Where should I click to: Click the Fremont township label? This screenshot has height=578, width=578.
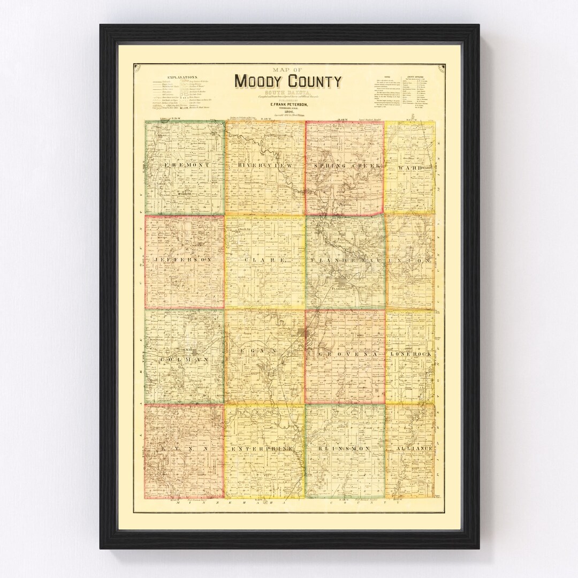(x=185, y=165)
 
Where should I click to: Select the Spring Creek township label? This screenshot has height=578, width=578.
(x=346, y=166)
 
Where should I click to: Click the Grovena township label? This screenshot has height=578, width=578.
(x=346, y=355)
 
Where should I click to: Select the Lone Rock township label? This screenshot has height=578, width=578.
(x=411, y=355)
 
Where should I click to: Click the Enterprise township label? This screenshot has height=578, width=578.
(x=264, y=447)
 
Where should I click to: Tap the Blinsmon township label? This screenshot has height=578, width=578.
(x=346, y=447)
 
